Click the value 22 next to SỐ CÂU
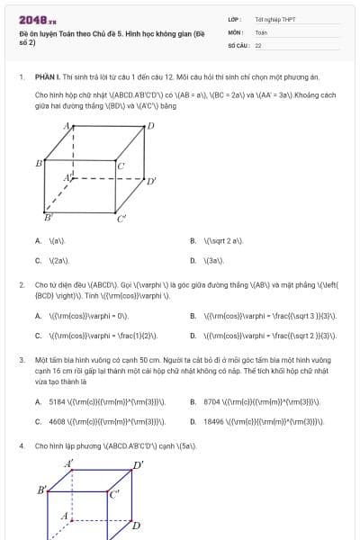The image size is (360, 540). [258, 44]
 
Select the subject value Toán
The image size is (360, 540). [261, 31]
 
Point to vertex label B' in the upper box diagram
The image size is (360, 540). [49, 218]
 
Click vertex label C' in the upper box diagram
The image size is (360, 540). [121, 219]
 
